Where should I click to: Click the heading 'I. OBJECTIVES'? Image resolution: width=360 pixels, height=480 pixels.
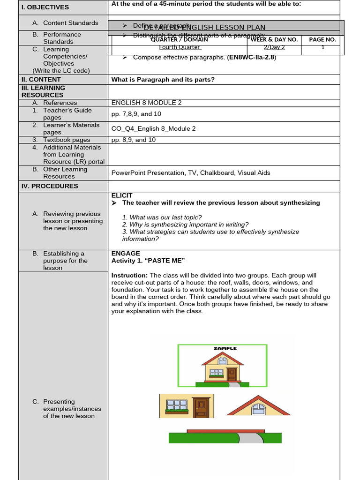[x=45, y=7]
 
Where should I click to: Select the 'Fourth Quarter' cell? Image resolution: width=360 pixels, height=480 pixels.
[x=180, y=47]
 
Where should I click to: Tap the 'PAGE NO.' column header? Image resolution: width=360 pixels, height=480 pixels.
[x=322, y=39]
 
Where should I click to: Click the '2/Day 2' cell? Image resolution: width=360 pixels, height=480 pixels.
[x=274, y=47]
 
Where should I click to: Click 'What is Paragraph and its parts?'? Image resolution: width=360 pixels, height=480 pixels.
[x=163, y=79]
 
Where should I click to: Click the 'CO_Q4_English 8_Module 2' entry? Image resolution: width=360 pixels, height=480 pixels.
[x=153, y=128]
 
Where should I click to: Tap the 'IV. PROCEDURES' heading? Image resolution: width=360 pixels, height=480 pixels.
[x=50, y=186]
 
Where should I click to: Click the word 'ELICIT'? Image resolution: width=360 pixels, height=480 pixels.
[x=122, y=195]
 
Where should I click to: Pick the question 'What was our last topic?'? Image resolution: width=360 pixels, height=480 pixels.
[x=162, y=217]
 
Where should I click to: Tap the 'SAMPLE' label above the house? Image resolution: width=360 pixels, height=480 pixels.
[x=225, y=348]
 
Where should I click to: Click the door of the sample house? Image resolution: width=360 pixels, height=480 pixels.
[x=232, y=375]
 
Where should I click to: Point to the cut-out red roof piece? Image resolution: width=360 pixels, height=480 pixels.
[x=258, y=406]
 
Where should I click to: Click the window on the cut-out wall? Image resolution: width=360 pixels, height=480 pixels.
[x=177, y=405]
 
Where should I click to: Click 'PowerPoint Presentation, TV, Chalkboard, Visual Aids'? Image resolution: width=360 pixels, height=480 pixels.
[x=191, y=172]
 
